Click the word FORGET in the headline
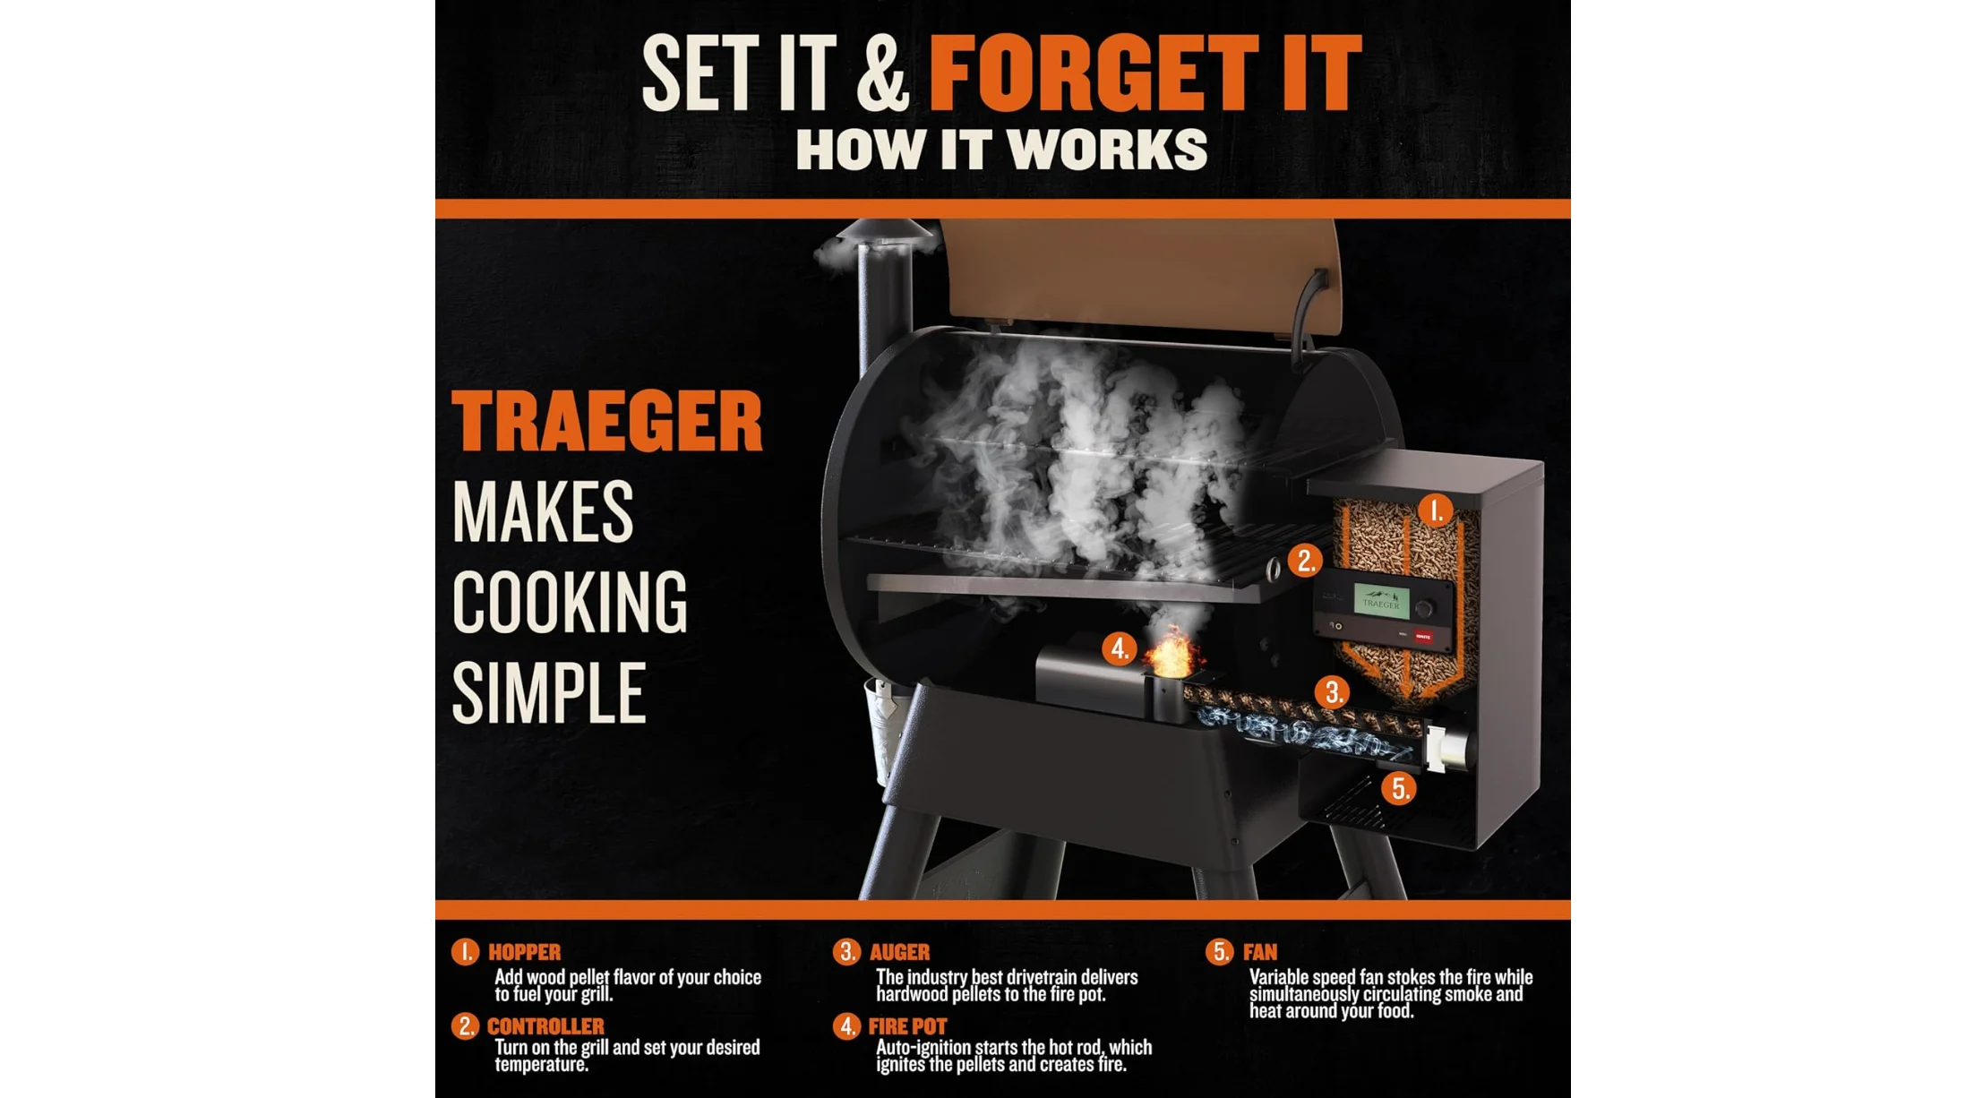tap(1094, 73)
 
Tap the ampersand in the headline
tap(882, 73)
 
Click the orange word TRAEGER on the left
tap(607, 421)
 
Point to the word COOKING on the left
tap(570, 602)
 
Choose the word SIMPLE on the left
tap(548, 692)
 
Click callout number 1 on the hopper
tap(1436, 510)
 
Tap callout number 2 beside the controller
tap(1305, 561)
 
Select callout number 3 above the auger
tap(1332, 691)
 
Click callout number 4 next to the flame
tap(1119, 648)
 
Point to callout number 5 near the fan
tap(1398, 788)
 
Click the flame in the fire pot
tap(1171, 652)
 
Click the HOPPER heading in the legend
tap(525, 952)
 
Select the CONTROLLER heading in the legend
tap(545, 1026)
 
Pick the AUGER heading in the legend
tap(899, 952)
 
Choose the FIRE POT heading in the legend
tap(907, 1026)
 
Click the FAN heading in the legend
tap(1260, 952)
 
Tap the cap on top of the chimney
tap(884, 231)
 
